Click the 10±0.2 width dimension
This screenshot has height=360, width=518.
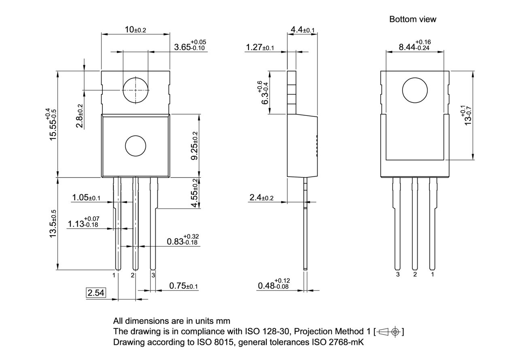click(135, 30)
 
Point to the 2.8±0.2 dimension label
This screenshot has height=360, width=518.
click(80, 116)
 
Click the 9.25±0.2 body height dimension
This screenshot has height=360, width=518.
click(195, 146)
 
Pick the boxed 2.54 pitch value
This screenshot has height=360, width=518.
click(96, 293)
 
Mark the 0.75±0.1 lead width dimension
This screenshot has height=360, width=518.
click(183, 286)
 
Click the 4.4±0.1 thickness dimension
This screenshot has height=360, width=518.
click(302, 30)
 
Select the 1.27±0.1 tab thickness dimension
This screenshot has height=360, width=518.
click(260, 47)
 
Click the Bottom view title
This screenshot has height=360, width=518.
click(413, 19)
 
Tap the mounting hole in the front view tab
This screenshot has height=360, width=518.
click(136, 90)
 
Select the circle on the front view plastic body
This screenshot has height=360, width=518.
click(136, 146)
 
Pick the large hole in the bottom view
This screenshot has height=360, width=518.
click(415, 90)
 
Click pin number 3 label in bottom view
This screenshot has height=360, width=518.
click(398, 275)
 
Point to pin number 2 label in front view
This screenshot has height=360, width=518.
click(133, 275)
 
